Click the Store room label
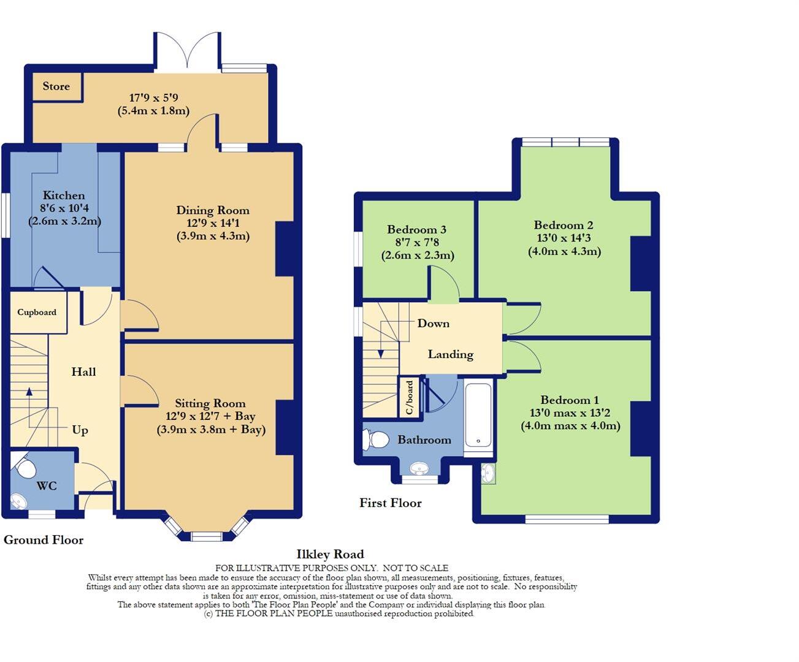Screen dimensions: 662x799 56,86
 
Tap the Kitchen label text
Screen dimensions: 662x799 64,196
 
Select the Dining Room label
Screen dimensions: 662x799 213,210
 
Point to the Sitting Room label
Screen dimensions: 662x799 210,403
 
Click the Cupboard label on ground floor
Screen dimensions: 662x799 37,312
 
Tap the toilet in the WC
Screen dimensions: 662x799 25,468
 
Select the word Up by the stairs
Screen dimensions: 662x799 80,430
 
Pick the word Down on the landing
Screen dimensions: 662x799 433,323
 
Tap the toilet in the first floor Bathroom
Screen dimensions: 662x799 376,439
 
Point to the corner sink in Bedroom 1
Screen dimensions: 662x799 488,474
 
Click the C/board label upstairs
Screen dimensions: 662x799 410,398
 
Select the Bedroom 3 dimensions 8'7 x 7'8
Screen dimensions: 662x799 417,243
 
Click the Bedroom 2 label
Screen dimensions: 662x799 563,225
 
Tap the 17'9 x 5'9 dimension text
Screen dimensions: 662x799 153,97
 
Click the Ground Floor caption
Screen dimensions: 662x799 44,539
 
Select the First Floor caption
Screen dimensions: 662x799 391,503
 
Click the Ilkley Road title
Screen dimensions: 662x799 330,554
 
